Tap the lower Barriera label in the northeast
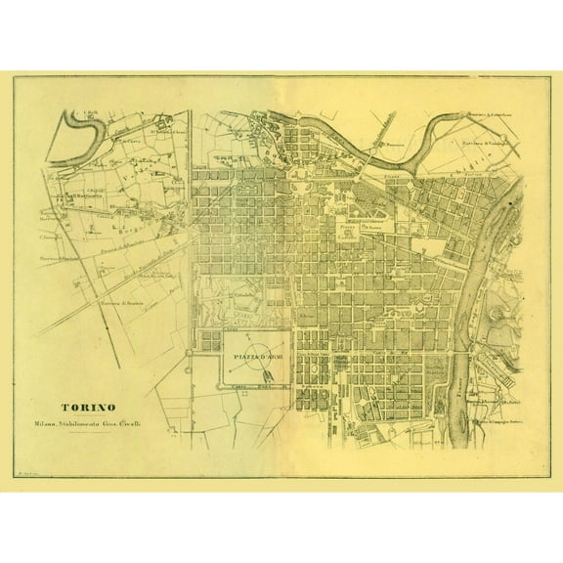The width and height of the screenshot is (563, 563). tap(481, 144)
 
